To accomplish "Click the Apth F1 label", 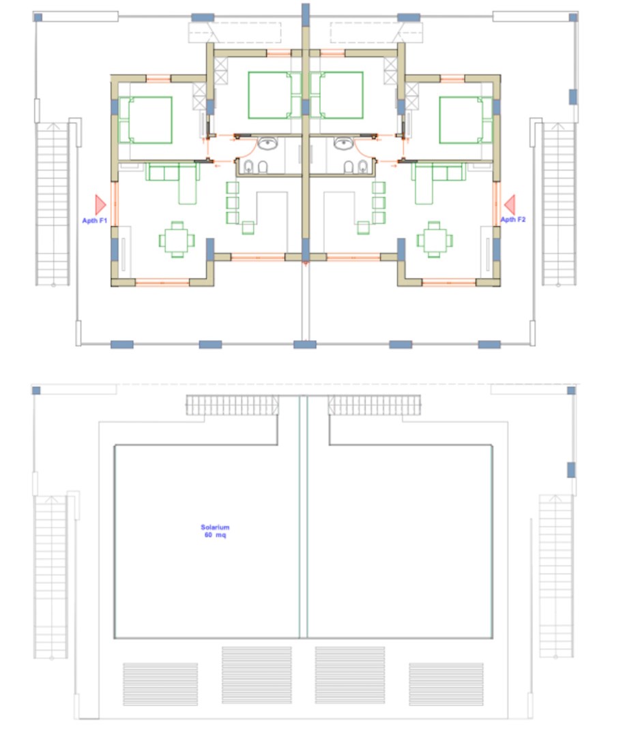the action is pos(94,221).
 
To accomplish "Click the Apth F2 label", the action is pos(512,219).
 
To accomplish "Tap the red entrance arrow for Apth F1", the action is pos(100,204).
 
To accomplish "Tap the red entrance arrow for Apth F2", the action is pos(510,204).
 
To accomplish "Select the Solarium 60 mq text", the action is pos(215,531).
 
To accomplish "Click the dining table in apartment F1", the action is pos(177,240).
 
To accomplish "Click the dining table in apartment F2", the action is pos(434,240).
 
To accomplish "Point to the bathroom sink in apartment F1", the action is pos(267,143).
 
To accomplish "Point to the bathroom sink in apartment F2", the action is pos(343,143).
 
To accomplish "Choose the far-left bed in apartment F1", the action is pos(146,120).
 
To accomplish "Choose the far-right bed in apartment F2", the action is pos(465,120).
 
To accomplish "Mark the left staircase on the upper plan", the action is pos(53,204).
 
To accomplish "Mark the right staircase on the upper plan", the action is pos(559,204).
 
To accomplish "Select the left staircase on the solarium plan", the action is pos(50,577).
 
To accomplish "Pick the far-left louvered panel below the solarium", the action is pos(160,684).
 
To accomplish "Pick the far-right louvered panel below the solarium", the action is pos(446,684).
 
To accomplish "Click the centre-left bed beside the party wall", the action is pos(274,95).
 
